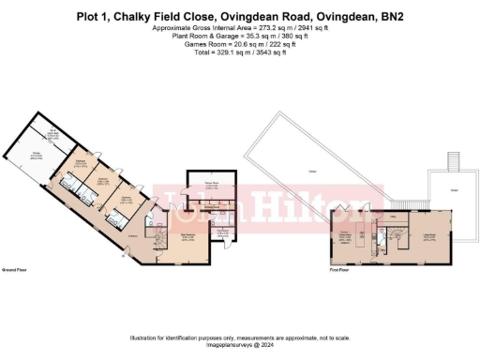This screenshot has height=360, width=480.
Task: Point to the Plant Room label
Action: (x=222, y=231)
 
